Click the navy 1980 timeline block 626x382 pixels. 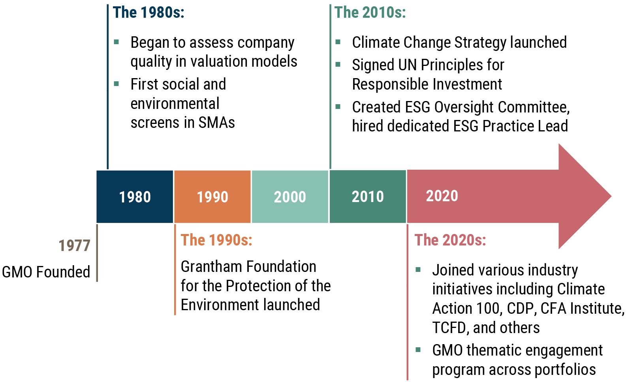pos(135,197)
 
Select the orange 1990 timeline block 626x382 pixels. pos(212,197)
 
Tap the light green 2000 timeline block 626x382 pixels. pos(290,197)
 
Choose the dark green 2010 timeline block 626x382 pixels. pos(368,197)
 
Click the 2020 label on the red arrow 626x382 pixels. pos(442,196)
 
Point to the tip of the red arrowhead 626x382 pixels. pos(611,196)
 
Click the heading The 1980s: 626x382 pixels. pos(149,13)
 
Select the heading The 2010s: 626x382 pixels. pos(370,13)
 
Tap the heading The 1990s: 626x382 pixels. pos(216,240)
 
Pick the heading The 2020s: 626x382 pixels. pos(450,240)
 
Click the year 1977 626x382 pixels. pos(74,246)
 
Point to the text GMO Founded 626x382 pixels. pos(46,272)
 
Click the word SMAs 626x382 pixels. pos(216,123)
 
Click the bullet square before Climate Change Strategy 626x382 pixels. pos(338,42)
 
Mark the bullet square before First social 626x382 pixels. pos(117,84)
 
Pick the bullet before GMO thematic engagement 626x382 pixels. pos(418,350)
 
